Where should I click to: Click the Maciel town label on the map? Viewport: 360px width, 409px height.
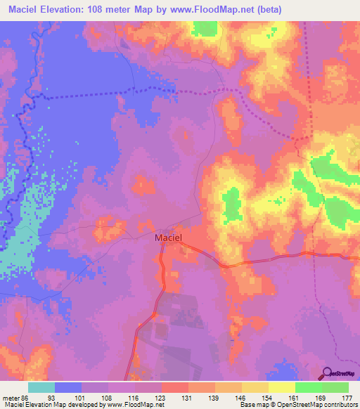point(168,238)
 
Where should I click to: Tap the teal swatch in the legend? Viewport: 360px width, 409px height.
point(41,387)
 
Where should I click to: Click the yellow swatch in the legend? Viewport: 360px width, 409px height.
point(282,387)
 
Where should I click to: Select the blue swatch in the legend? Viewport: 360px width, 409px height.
point(68,387)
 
